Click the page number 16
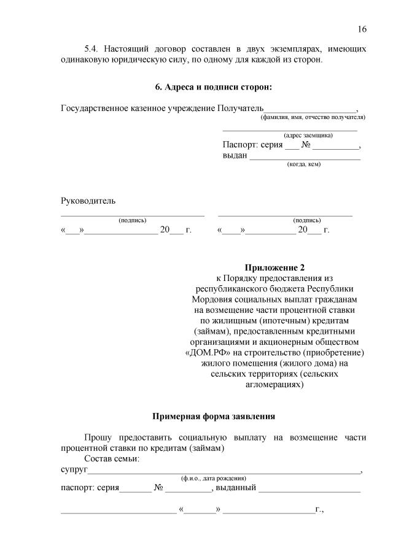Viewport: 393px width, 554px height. coord(362,29)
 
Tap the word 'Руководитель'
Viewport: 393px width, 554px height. coord(88,201)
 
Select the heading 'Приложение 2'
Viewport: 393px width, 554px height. coord(274,267)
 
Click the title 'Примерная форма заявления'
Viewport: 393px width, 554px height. coord(214,416)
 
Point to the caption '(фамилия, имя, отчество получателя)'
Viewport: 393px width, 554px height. coord(313,117)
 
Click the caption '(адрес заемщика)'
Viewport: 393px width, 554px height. coord(308,135)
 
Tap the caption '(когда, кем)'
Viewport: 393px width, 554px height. coord(304,164)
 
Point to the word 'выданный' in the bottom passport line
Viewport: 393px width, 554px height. coord(236,488)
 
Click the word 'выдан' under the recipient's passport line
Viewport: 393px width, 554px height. coord(235,156)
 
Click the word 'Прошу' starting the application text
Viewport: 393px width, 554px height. coord(97,437)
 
